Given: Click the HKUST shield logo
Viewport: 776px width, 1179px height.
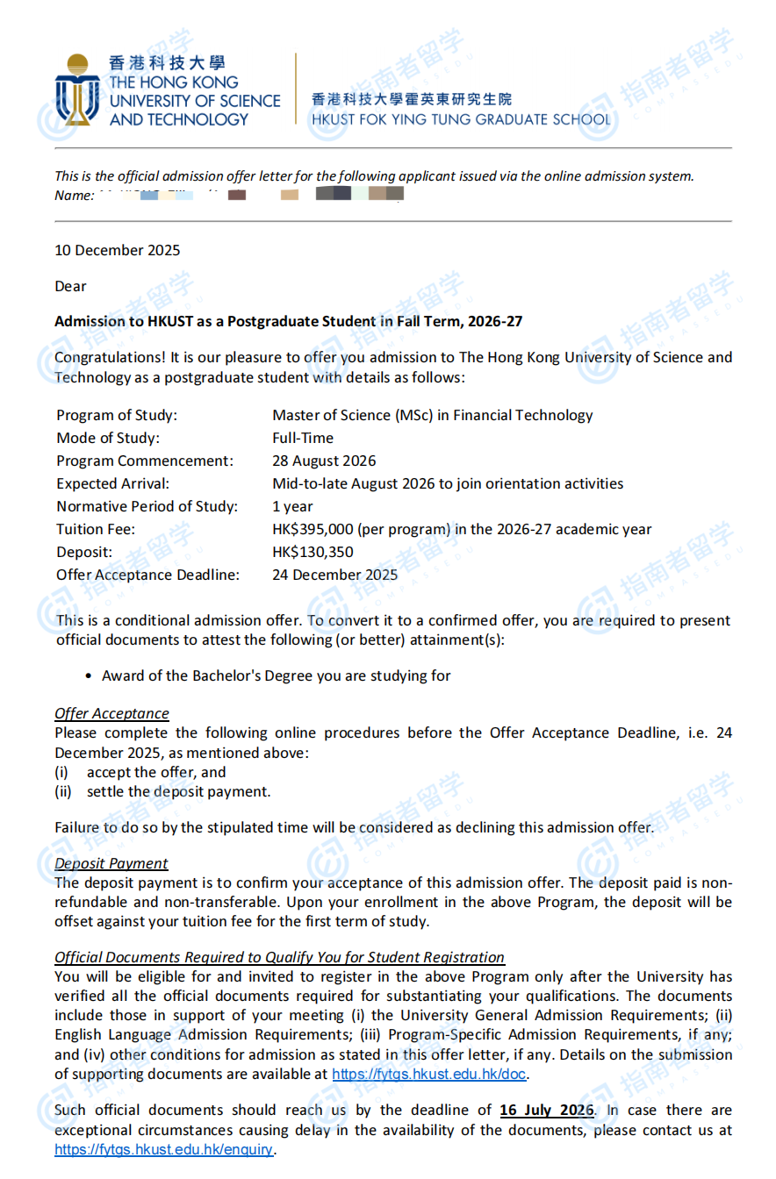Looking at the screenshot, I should (77, 89).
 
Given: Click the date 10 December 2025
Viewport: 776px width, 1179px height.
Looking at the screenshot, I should (117, 250).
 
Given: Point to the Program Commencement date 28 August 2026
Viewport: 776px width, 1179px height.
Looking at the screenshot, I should (324, 461).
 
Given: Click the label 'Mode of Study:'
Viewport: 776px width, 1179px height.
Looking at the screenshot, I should (108, 438).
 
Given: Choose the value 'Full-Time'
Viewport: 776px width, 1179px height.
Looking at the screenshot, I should (303, 438).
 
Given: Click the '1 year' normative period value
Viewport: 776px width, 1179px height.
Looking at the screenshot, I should (292, 506).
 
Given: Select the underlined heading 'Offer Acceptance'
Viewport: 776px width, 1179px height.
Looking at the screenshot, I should (111, 713).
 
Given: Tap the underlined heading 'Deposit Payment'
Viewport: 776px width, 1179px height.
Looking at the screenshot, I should (111, 863).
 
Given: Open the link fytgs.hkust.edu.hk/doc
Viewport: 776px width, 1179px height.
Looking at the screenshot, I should (429, 1073).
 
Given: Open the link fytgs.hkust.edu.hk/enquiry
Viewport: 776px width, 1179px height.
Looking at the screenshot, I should (164, 1148).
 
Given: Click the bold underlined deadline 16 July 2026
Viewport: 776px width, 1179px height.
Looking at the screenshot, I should (547, 1110).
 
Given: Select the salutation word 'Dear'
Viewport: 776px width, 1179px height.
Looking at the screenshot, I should (70, 286).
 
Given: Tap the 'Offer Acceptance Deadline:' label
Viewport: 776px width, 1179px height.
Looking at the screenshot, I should (147, 575).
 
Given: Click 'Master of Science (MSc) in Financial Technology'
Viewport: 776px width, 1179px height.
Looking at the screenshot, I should (433, 415).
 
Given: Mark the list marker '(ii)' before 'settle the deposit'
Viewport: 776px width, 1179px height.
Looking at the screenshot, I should (63, 791).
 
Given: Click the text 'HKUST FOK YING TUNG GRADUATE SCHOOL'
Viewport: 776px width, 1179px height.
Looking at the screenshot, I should (459, 119).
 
